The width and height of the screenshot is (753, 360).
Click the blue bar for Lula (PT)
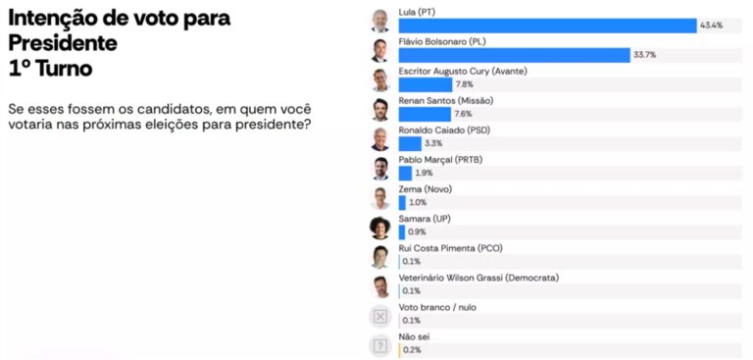point(547,26)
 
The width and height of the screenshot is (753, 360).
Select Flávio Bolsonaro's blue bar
point(515,55)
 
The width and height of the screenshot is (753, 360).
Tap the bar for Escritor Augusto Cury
point(426,84)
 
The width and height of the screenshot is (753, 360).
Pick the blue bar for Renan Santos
point(425,114)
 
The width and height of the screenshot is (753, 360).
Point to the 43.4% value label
point(711,26)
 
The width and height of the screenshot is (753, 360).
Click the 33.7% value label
point(644,55)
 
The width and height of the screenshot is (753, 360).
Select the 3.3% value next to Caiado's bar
point(433,143)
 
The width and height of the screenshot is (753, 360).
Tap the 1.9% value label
point(424,173)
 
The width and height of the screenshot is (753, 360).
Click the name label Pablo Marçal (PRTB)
point(440,160)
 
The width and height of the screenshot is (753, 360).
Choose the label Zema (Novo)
point(425,189)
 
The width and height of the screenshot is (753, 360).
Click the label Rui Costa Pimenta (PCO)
point(450,248)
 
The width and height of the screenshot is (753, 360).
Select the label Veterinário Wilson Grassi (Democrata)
point(478,278)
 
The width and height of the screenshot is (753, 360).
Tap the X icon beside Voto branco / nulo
point(379,316)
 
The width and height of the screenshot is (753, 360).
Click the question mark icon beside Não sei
point(379,346)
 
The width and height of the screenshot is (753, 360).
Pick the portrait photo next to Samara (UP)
point(379,228)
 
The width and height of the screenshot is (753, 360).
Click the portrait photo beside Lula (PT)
point(379,22)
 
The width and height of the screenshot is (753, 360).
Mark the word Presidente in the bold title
point(63,44)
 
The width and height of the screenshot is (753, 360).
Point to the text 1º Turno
point(50,70)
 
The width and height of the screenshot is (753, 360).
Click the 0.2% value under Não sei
point(412,350)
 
